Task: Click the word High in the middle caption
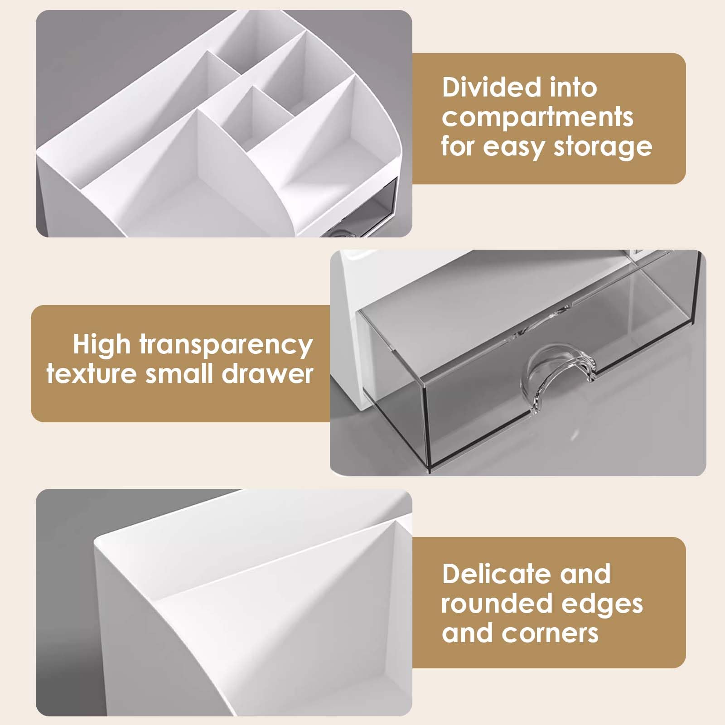(101, 345)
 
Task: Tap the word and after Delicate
(586, 574)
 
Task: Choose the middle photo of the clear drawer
(518, 363)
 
